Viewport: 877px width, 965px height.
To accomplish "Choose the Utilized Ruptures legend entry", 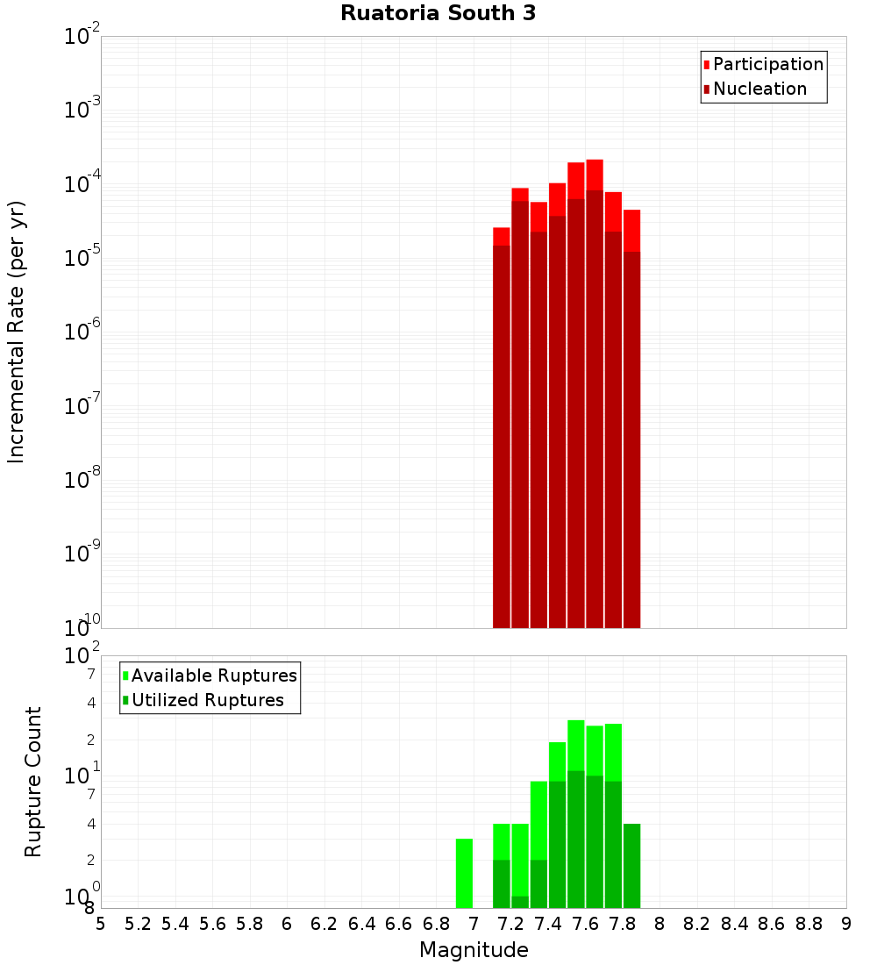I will [207, 700].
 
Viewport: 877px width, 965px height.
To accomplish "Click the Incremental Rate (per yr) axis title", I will [16, 332].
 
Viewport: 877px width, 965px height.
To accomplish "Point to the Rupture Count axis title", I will [33, 781].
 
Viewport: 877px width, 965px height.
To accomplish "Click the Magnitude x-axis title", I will [474, 950].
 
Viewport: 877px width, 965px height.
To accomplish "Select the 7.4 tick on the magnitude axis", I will [548, 924].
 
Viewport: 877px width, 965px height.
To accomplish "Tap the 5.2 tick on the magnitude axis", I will [138, 924].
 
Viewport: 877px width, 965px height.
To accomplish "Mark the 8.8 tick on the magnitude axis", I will [809, 924].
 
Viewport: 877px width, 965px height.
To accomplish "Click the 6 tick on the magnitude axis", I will [287, 924].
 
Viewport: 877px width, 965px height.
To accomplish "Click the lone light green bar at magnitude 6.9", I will [464, 874].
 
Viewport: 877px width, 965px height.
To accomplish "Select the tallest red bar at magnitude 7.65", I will [595, 395].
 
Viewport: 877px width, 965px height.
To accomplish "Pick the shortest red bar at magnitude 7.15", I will [502, 430].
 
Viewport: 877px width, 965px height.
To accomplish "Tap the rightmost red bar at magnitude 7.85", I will [631, 421].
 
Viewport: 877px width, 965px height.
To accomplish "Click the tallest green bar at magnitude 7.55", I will [576, 816].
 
